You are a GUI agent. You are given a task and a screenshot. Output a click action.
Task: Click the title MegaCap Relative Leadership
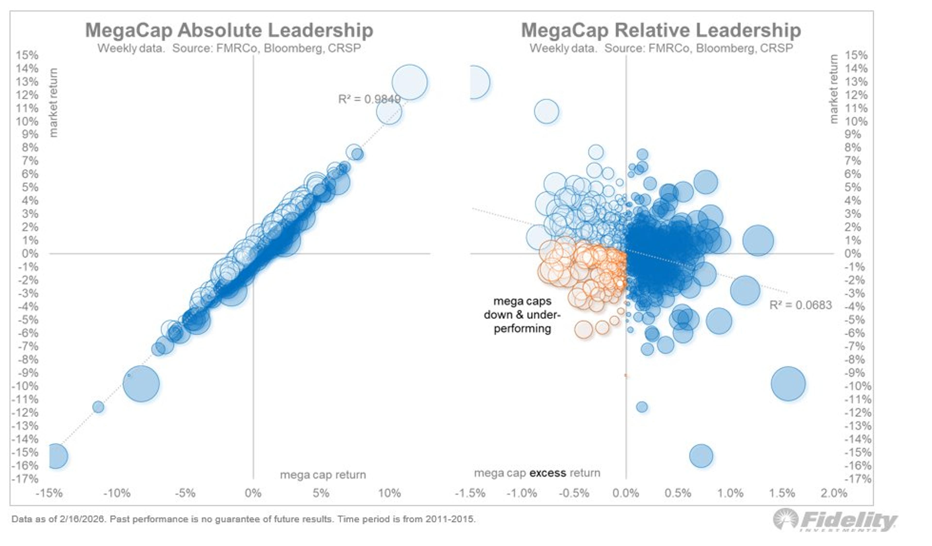pos(661,30)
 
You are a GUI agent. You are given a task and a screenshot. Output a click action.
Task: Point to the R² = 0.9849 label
pos(369,99)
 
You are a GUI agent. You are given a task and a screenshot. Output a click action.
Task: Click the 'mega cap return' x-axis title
pos(323,475)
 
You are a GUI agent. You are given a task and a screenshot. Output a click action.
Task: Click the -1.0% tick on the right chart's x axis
pos(522,493)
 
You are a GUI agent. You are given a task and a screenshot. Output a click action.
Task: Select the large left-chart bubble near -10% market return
pos(141,384)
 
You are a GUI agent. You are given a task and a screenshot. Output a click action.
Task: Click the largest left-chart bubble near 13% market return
pos(409,82)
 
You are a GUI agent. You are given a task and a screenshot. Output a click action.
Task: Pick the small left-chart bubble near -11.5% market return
pos(98,407)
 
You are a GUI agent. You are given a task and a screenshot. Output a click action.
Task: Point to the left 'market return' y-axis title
pos(54,103)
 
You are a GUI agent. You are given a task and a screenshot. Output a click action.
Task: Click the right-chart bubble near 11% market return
pos(546,111)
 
